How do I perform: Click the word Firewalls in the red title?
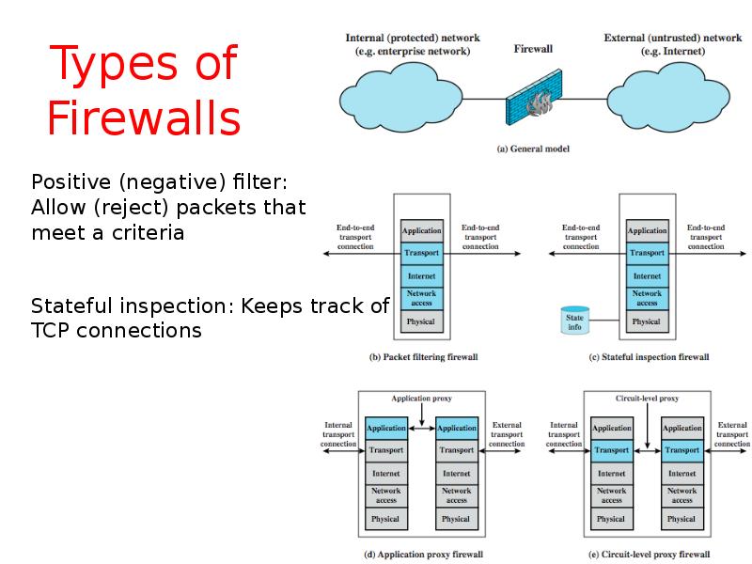144,119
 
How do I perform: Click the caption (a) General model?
532,149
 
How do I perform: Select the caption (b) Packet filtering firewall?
423,357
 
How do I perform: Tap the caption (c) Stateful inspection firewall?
648,357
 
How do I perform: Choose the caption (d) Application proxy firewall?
423,555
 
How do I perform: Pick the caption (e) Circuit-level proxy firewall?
649,555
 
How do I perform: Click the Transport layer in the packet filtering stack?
422,253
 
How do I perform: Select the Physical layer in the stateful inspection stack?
647,321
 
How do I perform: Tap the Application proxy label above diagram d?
423,399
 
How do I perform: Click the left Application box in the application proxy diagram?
386,428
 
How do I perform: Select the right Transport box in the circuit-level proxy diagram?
681,450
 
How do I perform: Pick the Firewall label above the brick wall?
533,48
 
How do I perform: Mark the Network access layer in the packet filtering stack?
422,299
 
